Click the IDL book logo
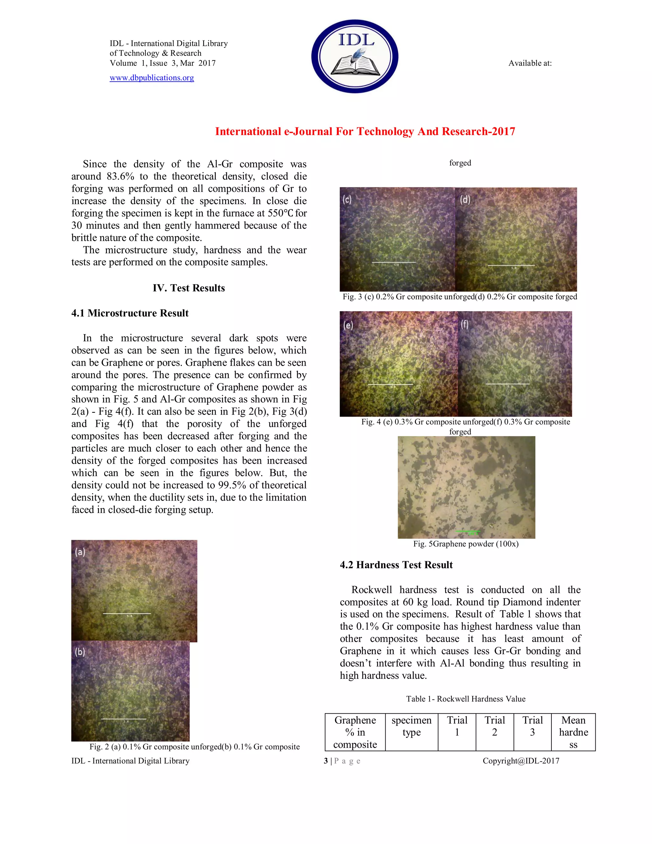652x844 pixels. tap(355, 56)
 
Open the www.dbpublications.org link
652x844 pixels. tap(152, 78)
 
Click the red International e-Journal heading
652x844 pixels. tap(365, 132)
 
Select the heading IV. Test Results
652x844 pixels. tap(188, 288)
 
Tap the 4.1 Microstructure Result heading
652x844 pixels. tap(130, 313)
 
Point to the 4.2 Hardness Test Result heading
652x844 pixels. tap(396, 565)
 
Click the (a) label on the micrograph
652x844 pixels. tap(80, 552)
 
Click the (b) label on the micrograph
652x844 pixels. tap(80, 652)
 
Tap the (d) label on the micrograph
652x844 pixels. tap(465, 199)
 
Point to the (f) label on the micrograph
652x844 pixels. tap(465, 324)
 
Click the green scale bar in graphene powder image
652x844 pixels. tap(468, 531)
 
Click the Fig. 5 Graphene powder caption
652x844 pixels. tap(465, 544)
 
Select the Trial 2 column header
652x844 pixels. tap(494, 726)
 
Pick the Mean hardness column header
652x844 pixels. tap(573, 732)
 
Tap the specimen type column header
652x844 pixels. tap(411, 726)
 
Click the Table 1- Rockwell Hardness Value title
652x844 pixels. tap(465, 699)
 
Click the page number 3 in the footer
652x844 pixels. tap(326, 761)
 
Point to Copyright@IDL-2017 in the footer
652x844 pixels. tap(521, 761)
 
